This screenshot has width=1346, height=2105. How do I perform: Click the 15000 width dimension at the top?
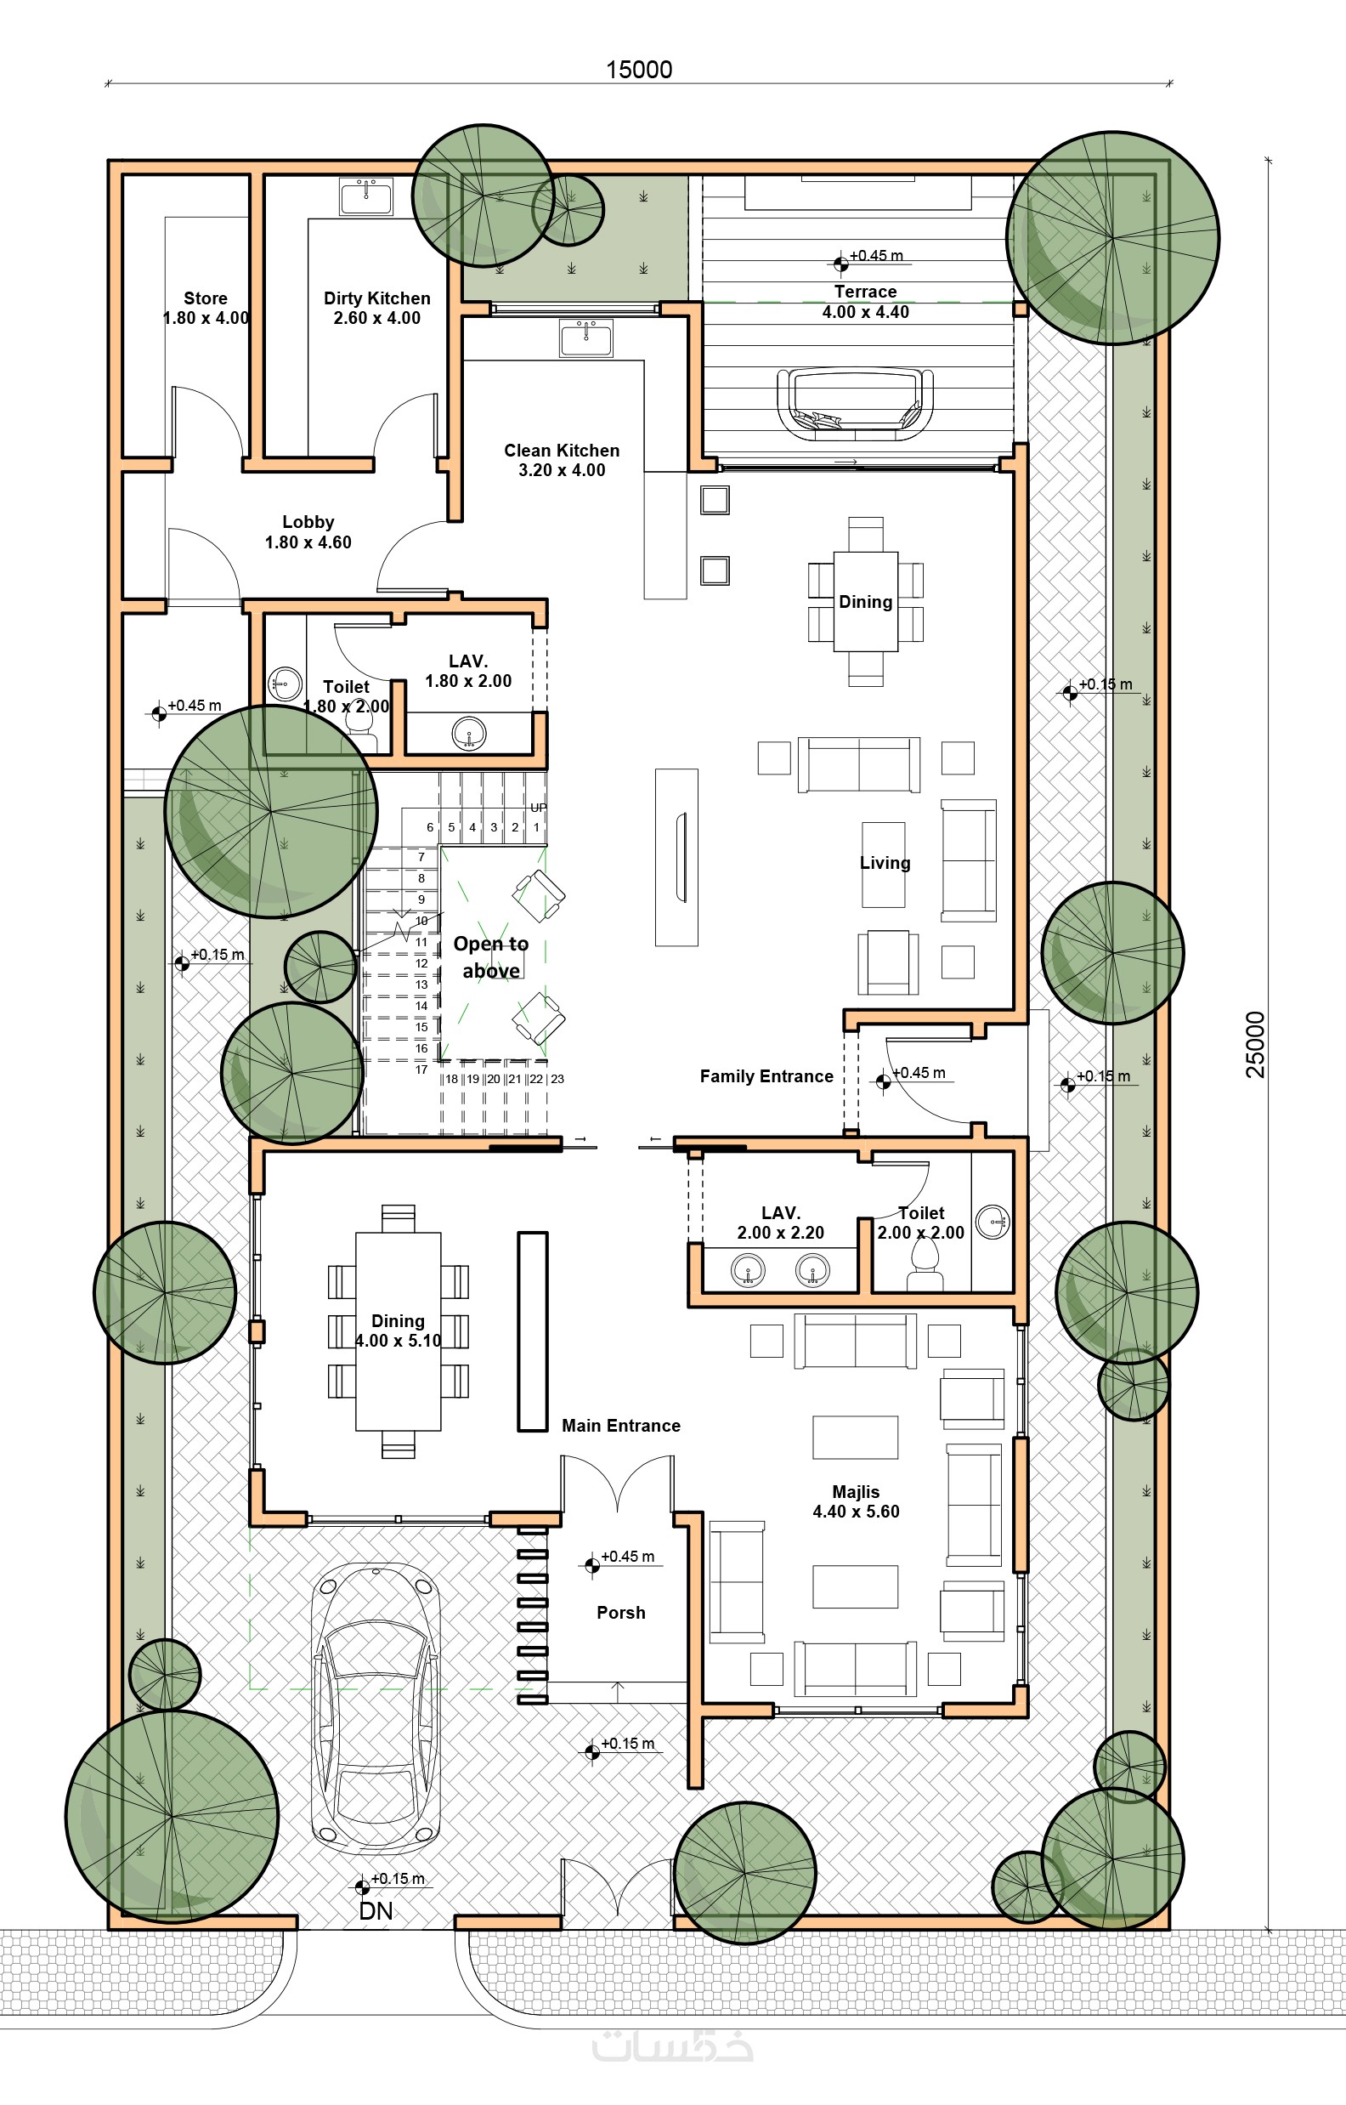pos(639,70)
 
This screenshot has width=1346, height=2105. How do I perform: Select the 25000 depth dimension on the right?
pos(1255,1044)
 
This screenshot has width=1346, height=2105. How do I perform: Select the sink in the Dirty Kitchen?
pos(366,196)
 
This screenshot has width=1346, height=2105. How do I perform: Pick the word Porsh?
pos(620,1613)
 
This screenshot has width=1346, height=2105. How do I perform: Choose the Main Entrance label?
pos(620,1426)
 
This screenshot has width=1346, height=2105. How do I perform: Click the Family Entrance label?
pos(766,1076)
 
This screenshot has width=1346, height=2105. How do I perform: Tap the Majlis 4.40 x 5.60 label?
pos(856,1502)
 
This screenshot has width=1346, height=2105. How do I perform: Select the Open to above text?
pos(491,957)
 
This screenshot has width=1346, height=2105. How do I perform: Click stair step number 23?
pos(557,1079)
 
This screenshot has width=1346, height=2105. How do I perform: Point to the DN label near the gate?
pos(376,1911)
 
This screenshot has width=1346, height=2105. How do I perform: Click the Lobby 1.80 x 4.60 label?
pos(308,531)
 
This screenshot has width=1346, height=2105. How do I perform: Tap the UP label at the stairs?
pos(539,808)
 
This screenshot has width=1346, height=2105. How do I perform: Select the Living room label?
pos(885,863)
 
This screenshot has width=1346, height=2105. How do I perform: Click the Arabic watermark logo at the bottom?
pos(673,2046)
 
